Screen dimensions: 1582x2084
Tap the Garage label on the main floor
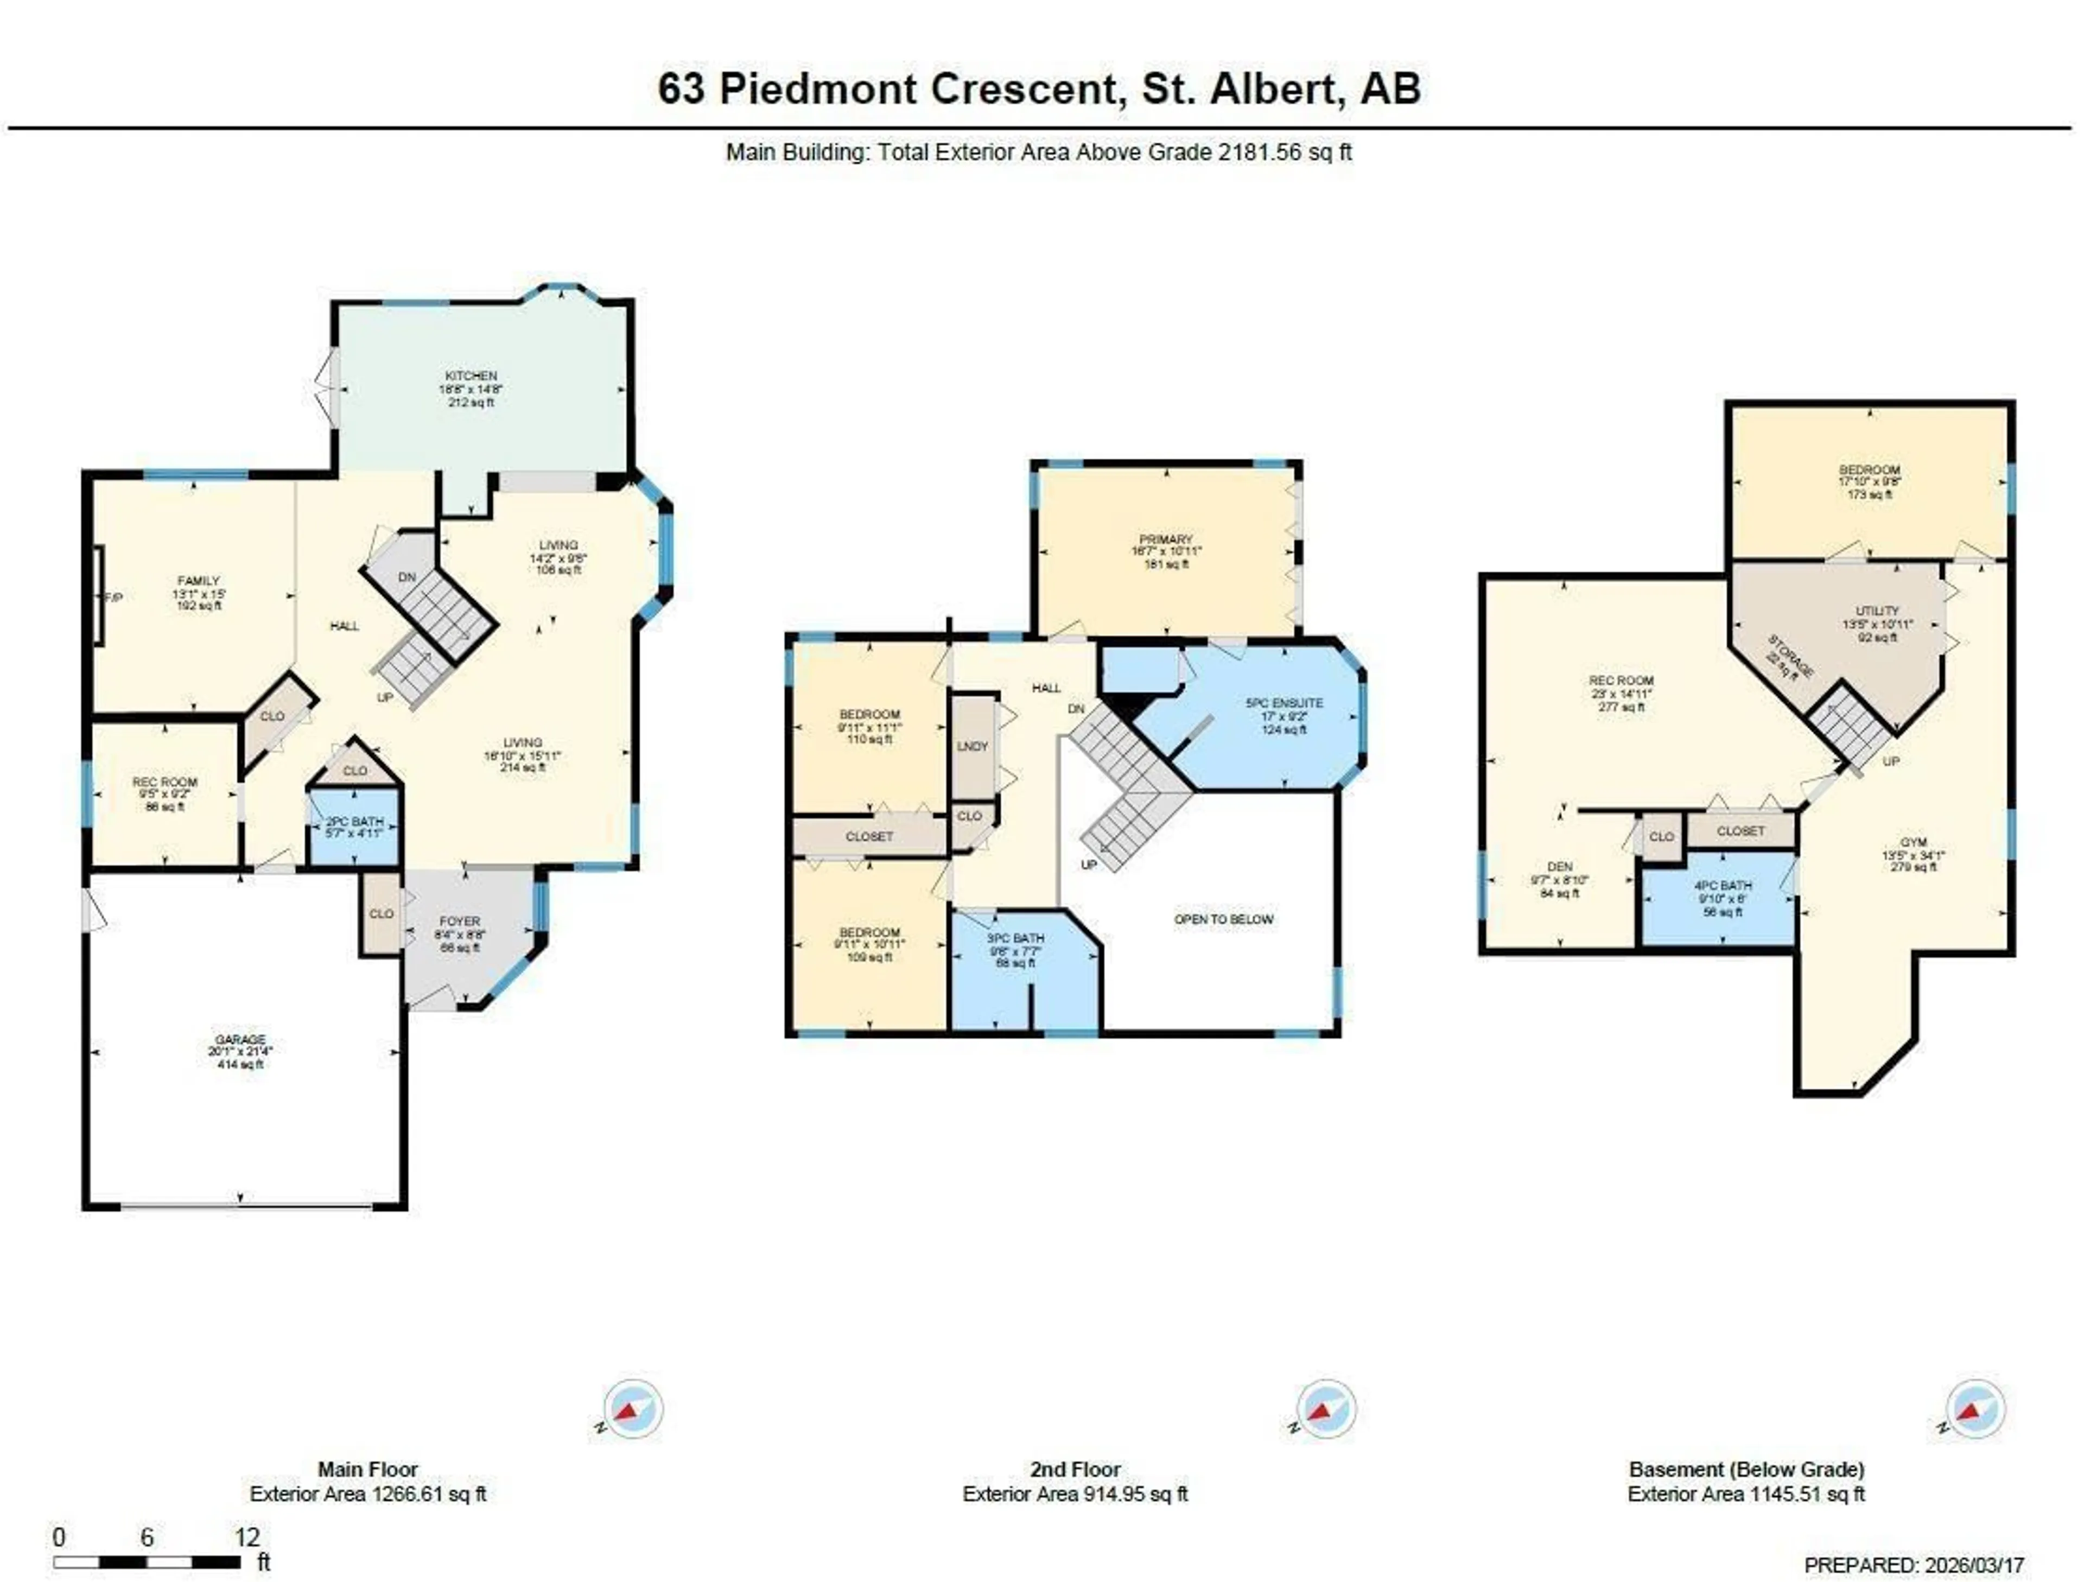tap(240, 1039)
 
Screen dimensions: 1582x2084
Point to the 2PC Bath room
tap(354, 827)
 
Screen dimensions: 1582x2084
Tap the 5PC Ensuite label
tap(1284, 703)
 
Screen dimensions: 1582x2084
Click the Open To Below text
tap(1224, 919)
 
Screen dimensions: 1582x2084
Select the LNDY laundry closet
tap(973, 746)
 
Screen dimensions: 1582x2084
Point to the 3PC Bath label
tap(1015, 938)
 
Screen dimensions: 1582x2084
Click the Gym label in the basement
tap(1914, 842)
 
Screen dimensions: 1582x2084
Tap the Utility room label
tap(1878, 611)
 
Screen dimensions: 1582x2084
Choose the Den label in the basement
tap(1560, 867)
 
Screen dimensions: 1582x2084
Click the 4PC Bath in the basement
tap(1723, 886)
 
